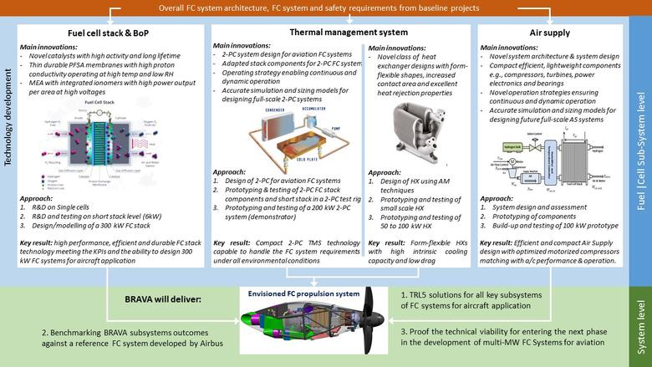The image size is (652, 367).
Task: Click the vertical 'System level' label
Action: (641, 322)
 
